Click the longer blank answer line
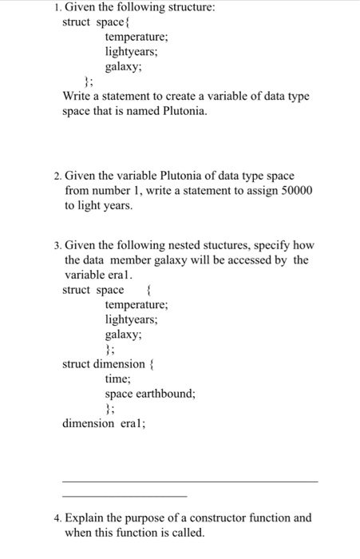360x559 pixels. [190, 481]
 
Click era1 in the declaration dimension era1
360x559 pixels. [131, 423]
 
